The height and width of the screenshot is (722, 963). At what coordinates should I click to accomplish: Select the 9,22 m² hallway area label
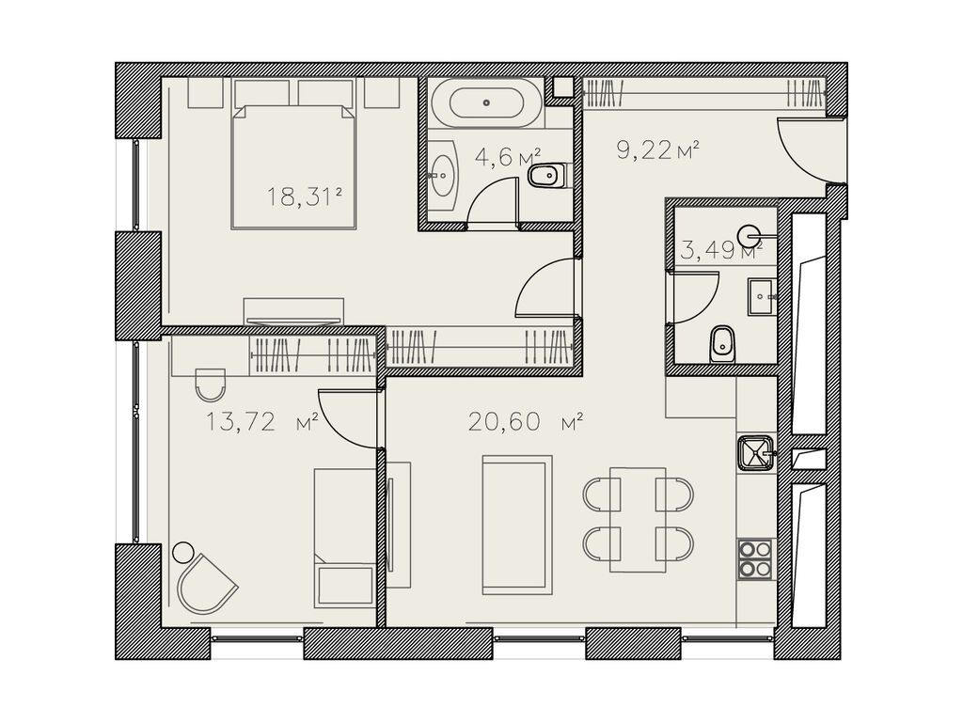(x=658, y=149)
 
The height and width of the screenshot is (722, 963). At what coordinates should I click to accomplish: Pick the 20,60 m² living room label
(x=525, y=422)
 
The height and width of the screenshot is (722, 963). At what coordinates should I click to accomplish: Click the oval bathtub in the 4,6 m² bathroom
(x=486, y=103)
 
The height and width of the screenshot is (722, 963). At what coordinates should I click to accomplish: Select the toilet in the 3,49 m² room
(x=721, y=344)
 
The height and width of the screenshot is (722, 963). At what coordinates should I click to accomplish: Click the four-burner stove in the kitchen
(x=755, y=558)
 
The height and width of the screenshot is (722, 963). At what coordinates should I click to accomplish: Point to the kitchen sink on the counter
(x=755, y=453)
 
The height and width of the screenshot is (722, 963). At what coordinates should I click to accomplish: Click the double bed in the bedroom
(x=293, y=166)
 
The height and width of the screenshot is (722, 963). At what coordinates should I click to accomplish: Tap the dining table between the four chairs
(x=639, y=519)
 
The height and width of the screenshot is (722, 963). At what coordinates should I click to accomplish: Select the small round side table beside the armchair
(x=182, y=551)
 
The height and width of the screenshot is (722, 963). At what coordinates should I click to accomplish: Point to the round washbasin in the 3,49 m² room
(x=750, y=234)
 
